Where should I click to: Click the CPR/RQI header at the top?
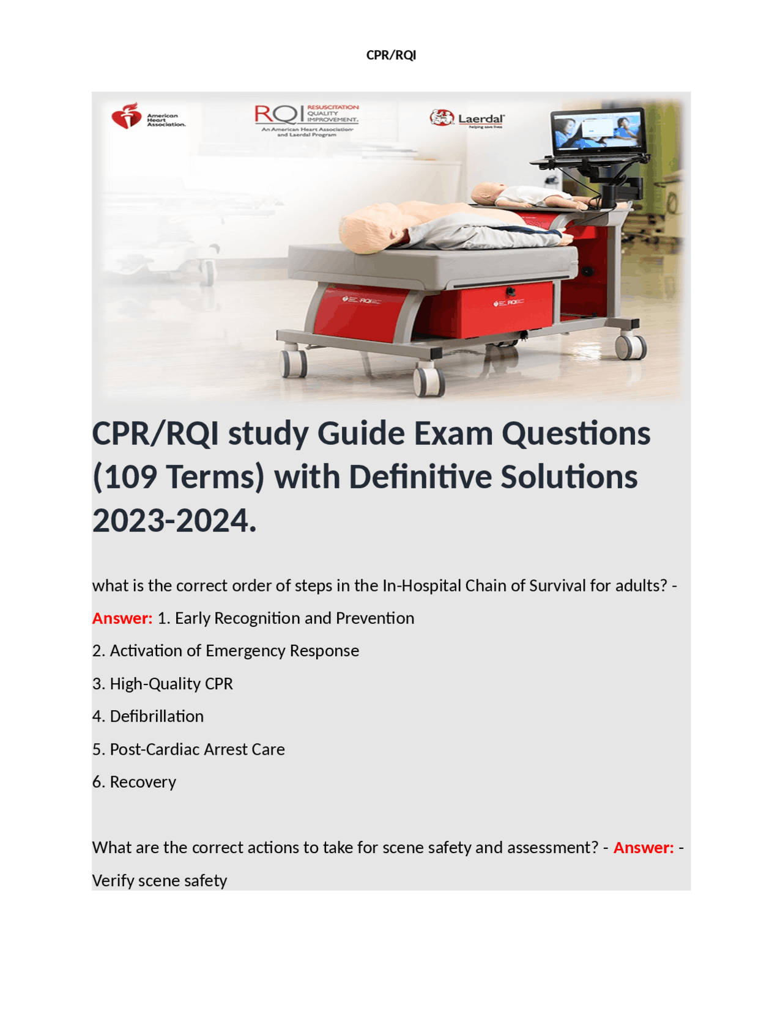pyautogui.click(x=391, y=55)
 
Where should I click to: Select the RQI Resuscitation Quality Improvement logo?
pyautogui.click(x=306, y=120)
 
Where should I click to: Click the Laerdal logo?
pyautogui.click(x=467, y=118)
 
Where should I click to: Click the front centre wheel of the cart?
pyautogui.click(x=428, y=380)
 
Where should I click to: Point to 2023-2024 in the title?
pyautogui.click(x=174, y=521)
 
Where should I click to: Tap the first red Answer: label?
pyautogui.click(x=122, y=618)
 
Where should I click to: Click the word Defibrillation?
pyautogui.click(x=157, y=716)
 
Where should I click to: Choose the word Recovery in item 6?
pyautogui.click(x=143, y=782)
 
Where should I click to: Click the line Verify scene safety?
pyautogui.click(x=160, y=881)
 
